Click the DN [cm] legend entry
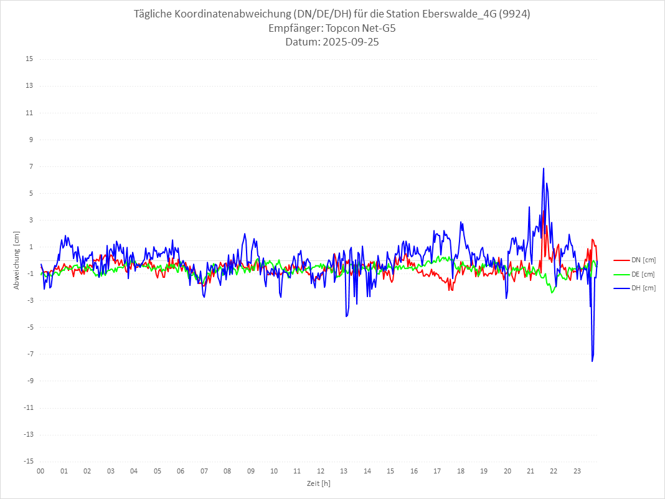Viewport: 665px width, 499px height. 643,260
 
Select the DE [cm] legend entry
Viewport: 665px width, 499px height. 643,274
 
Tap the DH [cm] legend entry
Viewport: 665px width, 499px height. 643,288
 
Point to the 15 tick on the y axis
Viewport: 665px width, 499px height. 29,59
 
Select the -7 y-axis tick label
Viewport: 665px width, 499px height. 29,354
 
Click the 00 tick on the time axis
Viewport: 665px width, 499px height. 40,471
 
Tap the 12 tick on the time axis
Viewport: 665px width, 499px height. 321,471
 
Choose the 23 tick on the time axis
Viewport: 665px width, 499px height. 577,471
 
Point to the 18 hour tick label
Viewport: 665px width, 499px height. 461,471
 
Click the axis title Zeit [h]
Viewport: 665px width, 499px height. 318,483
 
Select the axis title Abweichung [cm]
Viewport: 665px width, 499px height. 17,260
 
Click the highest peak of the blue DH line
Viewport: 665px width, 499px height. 544,168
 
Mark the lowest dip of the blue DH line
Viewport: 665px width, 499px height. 592,361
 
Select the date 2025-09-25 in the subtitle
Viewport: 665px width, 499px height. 349,42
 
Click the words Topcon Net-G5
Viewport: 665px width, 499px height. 364,29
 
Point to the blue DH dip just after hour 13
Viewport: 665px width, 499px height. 346,316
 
